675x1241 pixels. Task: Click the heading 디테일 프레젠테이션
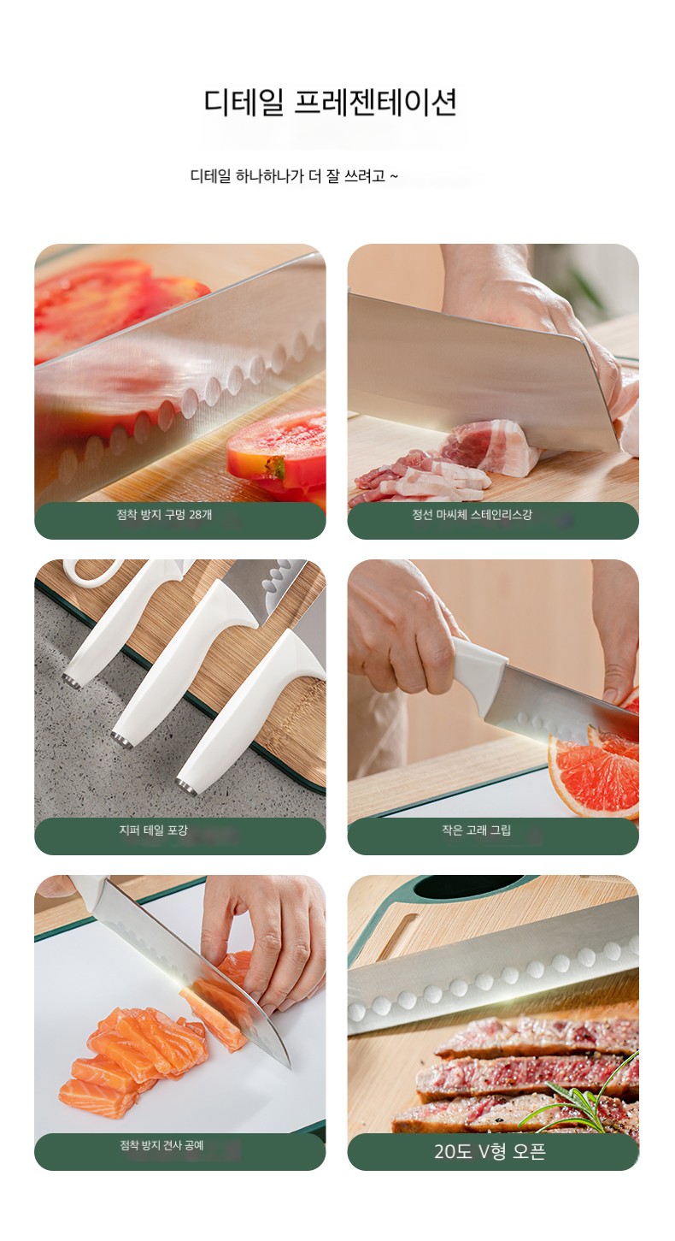coord(331,102)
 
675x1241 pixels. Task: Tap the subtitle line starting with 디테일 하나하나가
coord(294,176)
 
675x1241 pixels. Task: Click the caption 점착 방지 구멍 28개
coord(164,514)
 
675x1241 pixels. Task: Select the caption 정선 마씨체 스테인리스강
coord(472,514)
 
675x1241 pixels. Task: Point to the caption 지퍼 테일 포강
coord(153,830)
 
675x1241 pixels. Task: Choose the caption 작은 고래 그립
coord(476,830)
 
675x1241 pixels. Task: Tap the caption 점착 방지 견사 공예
coord(161,1144)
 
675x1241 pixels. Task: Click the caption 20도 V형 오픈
coord(490,1150)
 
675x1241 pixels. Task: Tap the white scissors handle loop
coord(91,570)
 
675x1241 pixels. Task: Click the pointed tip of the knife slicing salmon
coord(289,1067)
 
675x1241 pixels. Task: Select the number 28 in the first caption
coord(196,514)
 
